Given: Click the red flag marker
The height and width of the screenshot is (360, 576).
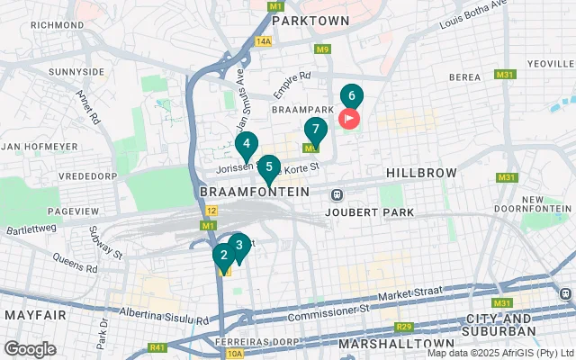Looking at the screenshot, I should [x=348, y=118].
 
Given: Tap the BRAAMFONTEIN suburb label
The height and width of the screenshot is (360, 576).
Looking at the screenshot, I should [x=253, y=193].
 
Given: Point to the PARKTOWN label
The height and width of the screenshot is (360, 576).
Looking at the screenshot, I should [x=310, y=19].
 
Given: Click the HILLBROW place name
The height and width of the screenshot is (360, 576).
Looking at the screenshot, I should [x=422, y=172].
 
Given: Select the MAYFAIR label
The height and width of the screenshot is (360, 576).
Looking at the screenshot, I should [x=35, y=315].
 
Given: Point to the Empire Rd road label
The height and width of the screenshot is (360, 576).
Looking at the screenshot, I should [x=292, y=86].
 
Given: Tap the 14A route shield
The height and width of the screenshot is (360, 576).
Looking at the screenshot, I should [x=263, y=41].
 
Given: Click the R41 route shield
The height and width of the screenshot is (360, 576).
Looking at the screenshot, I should [x=158, y=346].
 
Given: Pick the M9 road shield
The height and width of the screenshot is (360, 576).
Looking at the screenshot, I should [x=322, y=49].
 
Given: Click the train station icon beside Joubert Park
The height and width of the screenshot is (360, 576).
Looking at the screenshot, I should [x=337, y=194].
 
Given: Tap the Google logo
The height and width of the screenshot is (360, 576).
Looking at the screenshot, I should [x=30, y=348].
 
